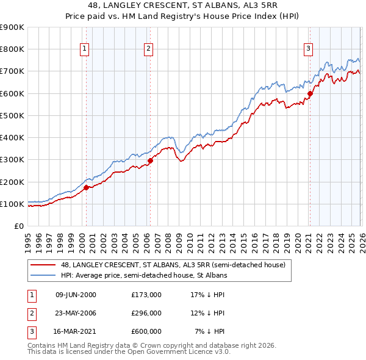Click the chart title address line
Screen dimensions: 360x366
click(183, 5)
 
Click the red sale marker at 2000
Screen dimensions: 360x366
click(86, 188)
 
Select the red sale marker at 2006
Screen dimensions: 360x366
click(150, 160)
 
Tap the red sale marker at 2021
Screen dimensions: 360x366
click(310, 93)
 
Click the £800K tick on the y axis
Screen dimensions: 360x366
click(12, 49)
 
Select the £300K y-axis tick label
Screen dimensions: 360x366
click(12, 160)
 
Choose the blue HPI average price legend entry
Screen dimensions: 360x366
click(143, 275)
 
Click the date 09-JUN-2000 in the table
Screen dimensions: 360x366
click(76, 295)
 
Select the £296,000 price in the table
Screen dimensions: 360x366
click(146, 313)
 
